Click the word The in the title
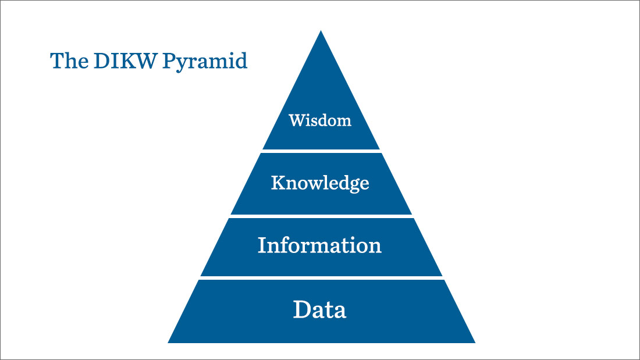pyautogui.click(x=69, y=61)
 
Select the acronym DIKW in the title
pyautogui.click(x=125, y=61)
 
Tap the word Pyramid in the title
pyautogui.click(x=205, y=62)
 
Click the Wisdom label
pyautogui.click(x=320, y=120)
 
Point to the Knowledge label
pyautogui.click(x=321, y=183)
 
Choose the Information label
pyautogui.click(x=319, y=245)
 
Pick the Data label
pyautogui.click(x=319, y=309)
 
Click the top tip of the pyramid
pyautogui.click(x=321, y=31)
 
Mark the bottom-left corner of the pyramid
pyautogui.click(x=168, y=343)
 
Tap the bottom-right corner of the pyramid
pyautogui.click(x=475, y=343)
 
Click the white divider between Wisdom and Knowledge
pyautogui.click(x=321, y=151)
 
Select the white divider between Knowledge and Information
pyautogui.click(x=321, y=216)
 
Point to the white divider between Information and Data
pyautogui.click(x=321, y=278)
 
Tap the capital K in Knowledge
pyautogui.click(x=278, y=183)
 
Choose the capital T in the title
pyautogui.click(x=57, y=61)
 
